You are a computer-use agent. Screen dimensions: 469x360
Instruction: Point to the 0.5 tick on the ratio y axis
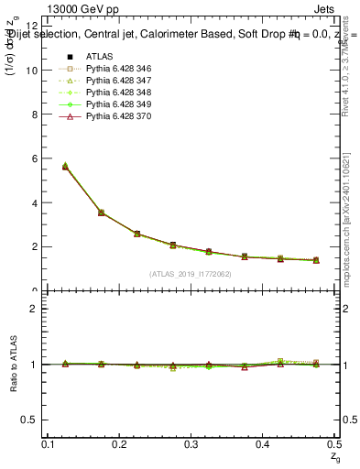coord(35,420)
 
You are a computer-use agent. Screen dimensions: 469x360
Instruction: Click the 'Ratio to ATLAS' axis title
coord(13,365)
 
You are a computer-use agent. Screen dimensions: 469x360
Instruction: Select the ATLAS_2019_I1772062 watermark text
coord(191,273)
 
